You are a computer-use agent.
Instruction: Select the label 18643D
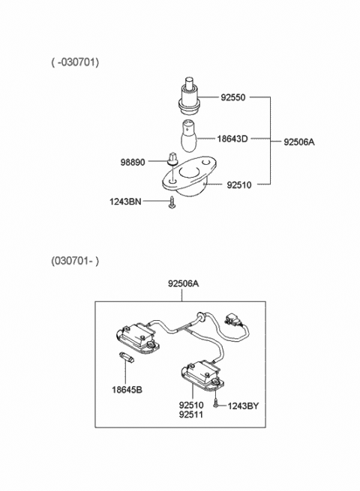[x=232, y=139]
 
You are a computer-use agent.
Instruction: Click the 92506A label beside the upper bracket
[x=301, y=141]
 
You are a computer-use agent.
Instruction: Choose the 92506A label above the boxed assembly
[x=184, y=284]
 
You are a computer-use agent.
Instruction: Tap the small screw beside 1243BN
[x=173, y=203]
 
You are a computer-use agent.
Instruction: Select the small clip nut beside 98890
[x=172, y=160]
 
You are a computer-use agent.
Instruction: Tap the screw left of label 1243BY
[x=216, y=404]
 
